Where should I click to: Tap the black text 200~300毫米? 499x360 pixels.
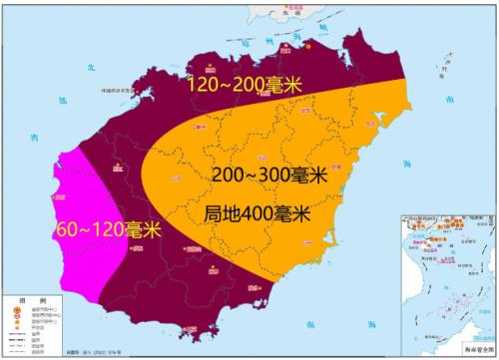coord(269,174)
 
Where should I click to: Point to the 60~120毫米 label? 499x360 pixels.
coord(109,228)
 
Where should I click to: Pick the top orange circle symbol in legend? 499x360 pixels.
coord(16,309)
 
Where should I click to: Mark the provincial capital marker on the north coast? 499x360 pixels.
coord(300,48)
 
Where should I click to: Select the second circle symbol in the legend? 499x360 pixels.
coord(16,317)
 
